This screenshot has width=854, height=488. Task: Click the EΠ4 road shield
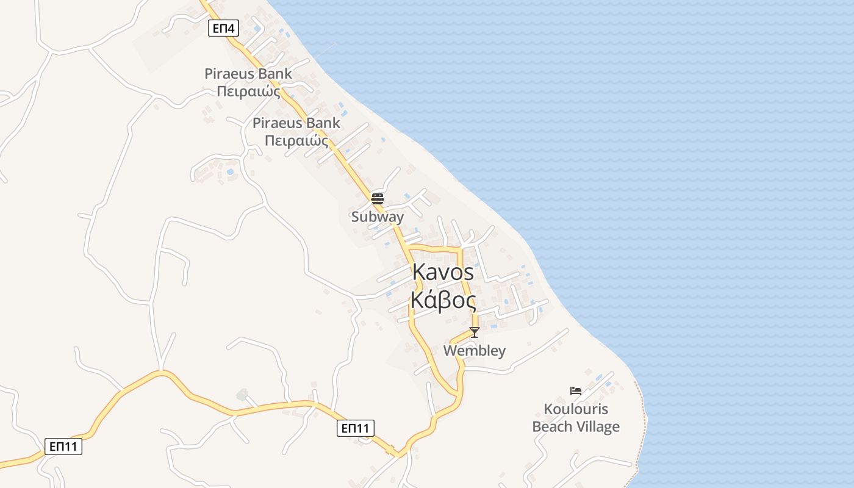click(x=223, y=28)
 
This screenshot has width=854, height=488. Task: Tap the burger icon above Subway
click(x=378, y=198)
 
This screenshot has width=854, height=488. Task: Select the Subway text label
click(x=378, y=217)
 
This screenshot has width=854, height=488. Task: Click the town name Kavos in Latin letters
click(x=443, y=272)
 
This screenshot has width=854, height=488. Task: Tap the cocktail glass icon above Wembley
click(x=474, y=332)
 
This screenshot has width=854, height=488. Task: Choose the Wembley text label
click(x=475, y=351)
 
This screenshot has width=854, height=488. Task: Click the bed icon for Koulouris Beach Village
click(x=576, y=391)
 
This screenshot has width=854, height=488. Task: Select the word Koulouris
click(x=576, y=409)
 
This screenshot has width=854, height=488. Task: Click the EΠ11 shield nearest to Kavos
click(x=356, y=428)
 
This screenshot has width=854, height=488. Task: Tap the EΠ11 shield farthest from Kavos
click(x=63, y=447)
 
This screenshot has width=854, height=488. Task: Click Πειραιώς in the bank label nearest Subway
click(x=296, y=142)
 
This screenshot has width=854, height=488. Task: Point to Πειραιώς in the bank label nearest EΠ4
click(x=248, y=92)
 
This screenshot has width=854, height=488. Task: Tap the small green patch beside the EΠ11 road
click(x=242, y=395)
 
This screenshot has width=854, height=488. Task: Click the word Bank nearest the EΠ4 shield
click(x=275, y=74)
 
